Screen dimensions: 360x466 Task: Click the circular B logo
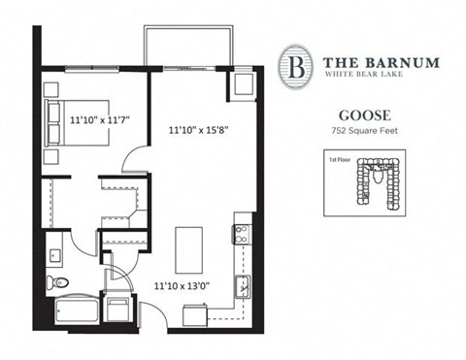(294, 65)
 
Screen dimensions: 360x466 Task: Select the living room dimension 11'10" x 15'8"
(202, 127)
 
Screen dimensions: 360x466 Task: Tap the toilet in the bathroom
(60, 283)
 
